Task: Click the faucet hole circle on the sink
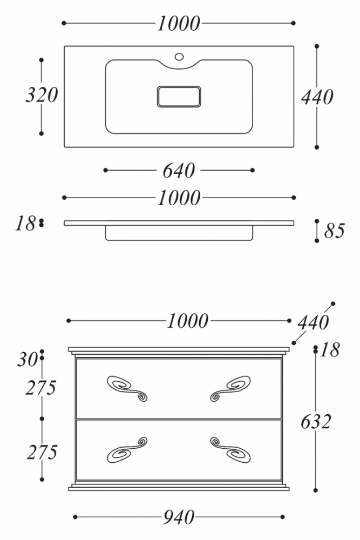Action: [179, 57]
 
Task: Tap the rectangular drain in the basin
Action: [179, 97]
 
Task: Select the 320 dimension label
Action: [42, 95]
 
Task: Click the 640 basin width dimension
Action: [179, 171]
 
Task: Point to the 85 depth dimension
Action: [334, 231]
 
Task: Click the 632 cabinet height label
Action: [316, 422]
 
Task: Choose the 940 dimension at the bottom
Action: [179, 517]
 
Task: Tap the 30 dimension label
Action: [28, 360]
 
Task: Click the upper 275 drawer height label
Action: [40, 388]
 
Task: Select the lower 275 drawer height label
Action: [42, 452]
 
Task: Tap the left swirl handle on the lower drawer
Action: [127, 450]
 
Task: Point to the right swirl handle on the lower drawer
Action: [230, 450]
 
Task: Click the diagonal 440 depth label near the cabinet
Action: [313, 323]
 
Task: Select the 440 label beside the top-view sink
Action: [317, 97]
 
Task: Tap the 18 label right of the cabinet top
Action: [330, 350]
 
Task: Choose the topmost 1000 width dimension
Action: [179, 24]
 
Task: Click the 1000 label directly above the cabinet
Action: [188, 321]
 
